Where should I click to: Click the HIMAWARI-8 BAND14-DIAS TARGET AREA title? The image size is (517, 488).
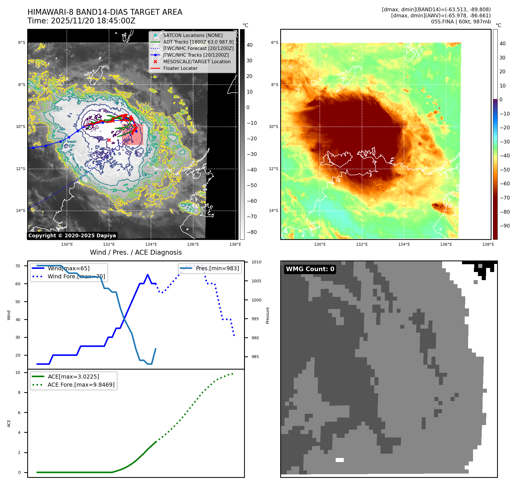pos(105,12)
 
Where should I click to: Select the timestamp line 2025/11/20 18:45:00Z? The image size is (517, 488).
pos(81,21)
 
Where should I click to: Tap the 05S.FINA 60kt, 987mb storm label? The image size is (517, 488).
pos(461,22)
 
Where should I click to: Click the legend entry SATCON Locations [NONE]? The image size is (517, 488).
pos(193,35)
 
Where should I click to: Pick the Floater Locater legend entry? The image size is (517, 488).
pos(180,68)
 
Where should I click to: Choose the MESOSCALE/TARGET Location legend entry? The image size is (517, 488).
pos(197,62)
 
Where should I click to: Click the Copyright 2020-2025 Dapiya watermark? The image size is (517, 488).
pos(72,236)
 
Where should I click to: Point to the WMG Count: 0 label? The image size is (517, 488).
pos(310,269)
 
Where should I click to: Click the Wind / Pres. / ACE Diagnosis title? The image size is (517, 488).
pos(136,252)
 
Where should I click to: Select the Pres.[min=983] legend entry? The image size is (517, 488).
pos(217,268)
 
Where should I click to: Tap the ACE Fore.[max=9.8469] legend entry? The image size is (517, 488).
pos(81,385)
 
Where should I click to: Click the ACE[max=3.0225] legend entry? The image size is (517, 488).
pos(73,377)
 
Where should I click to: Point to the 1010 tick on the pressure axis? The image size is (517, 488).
pos(256,262)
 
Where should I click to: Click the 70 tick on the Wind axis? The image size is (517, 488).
pos(18,266)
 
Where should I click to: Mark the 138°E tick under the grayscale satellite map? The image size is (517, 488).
pos(235,244)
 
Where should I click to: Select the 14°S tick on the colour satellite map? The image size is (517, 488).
pos(274,211)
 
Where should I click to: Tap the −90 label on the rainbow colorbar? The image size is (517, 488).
pos(505,226)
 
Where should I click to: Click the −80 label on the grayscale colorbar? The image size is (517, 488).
pos(252,232)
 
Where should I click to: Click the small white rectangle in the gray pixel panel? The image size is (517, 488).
pos(339,460)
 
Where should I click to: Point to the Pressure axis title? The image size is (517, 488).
pos(267,315)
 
